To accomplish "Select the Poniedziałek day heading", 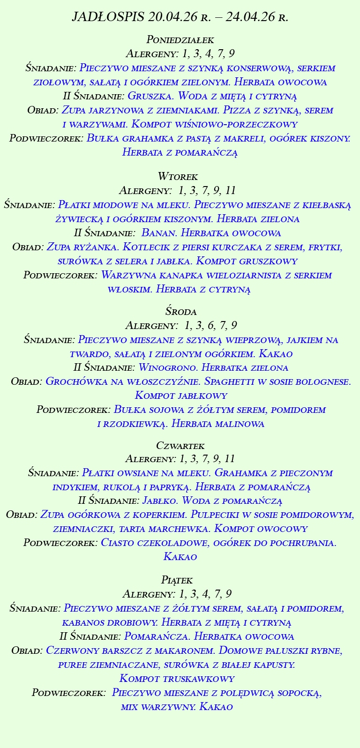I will (x=180, y=39).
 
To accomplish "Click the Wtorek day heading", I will (x=178, y=177).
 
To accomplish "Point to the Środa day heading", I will (x=180, y=311).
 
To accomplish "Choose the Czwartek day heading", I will (x=180, y=445).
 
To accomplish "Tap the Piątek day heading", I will (x=177, y=580).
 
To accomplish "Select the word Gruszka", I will (x=146, y=96).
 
